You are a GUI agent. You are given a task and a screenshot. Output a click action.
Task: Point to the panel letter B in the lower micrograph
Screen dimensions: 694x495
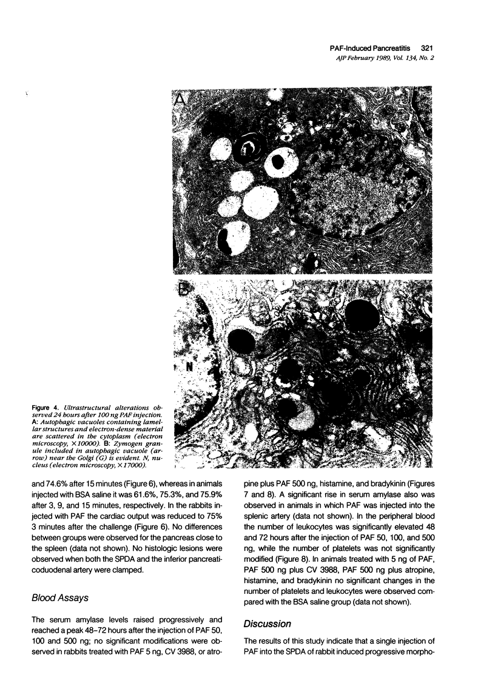[184, 288]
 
